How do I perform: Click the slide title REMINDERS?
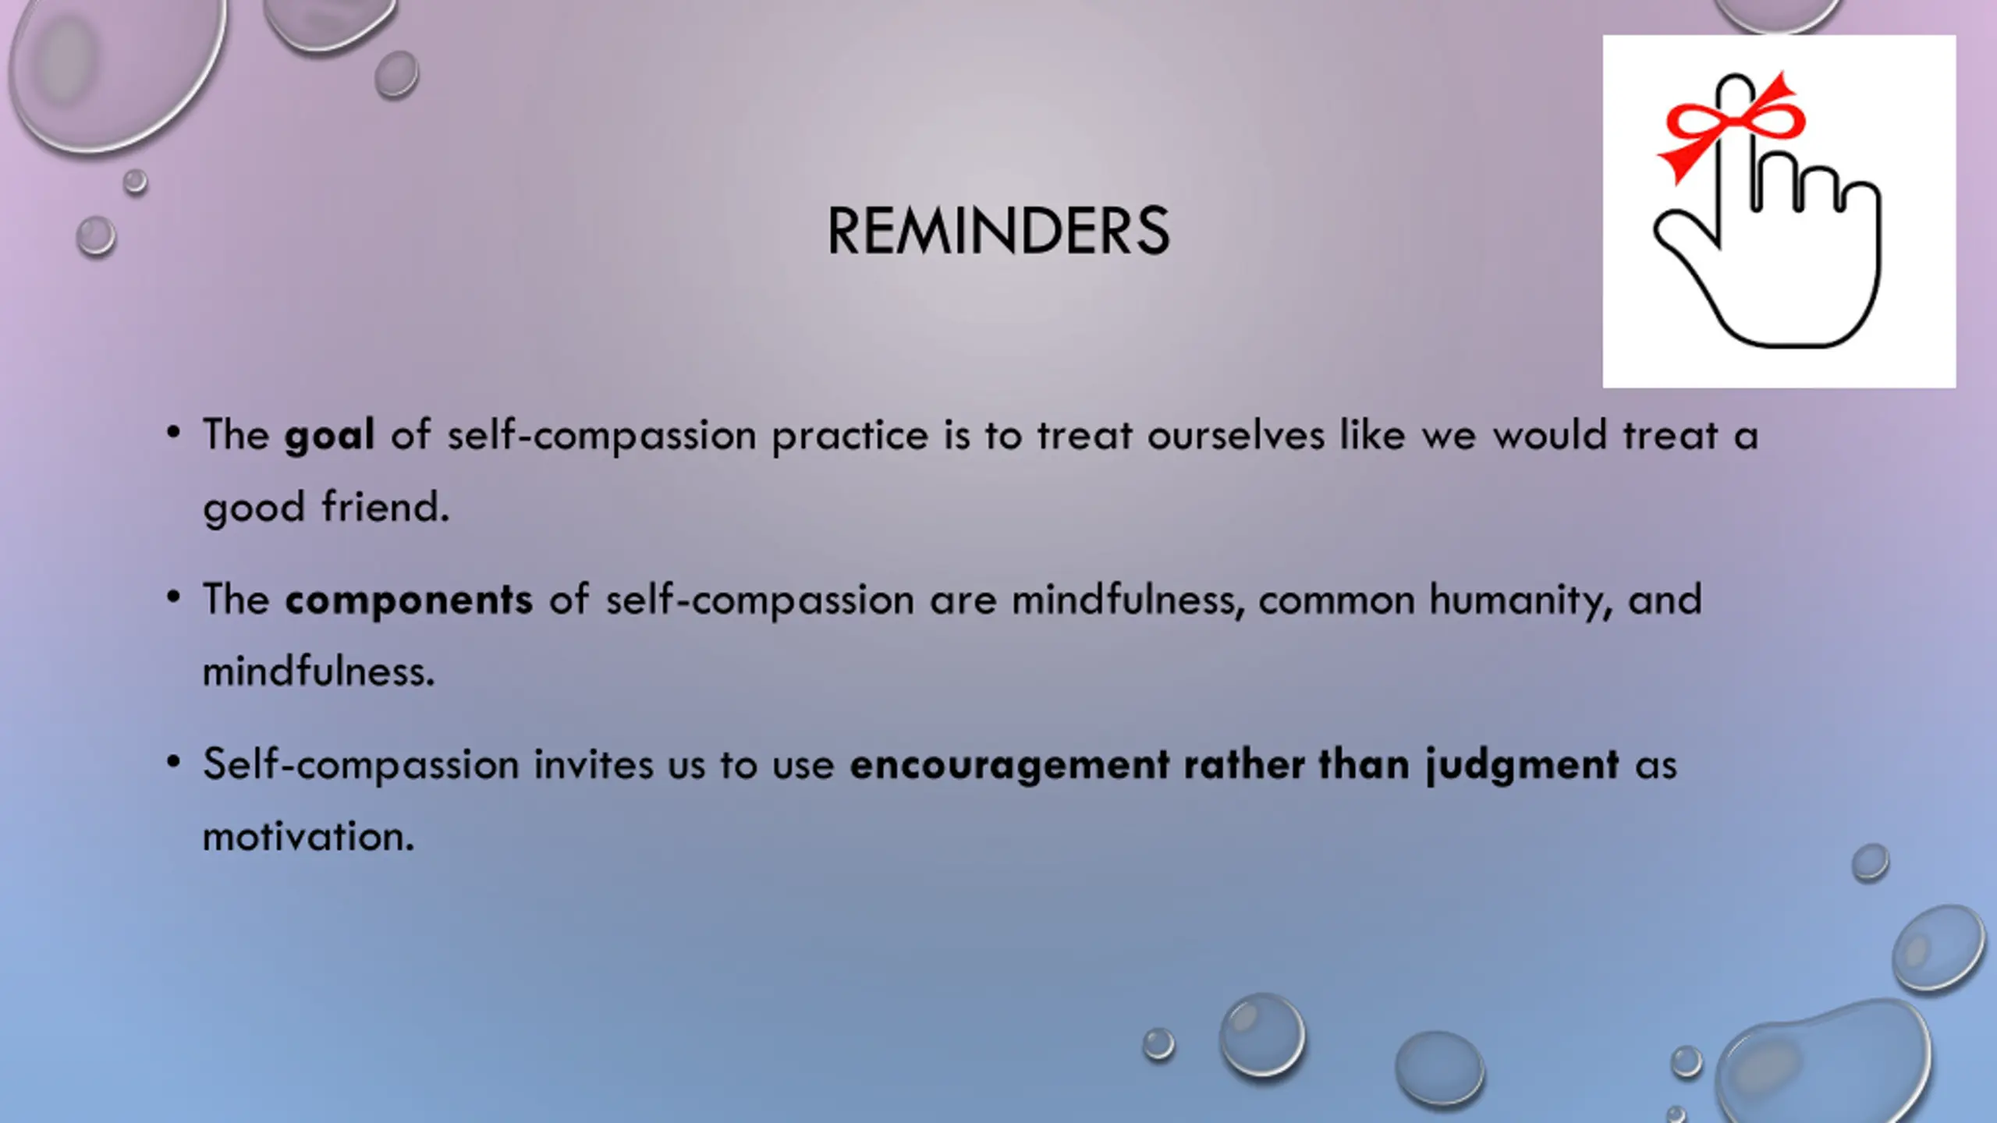point(998,231)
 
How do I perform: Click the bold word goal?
point(329,436)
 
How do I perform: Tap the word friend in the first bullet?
point(386,506)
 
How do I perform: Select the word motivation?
point(308,836)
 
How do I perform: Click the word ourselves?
point(1236,435)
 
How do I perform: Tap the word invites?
point(594,763)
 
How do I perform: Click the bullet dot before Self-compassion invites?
point(173,761)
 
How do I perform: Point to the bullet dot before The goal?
point(173,432)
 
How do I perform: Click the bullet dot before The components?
point(173,597)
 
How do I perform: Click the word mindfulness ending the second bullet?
point(318,671)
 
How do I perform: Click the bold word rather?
point(1244,763)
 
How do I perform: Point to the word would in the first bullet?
point(1550,435)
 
